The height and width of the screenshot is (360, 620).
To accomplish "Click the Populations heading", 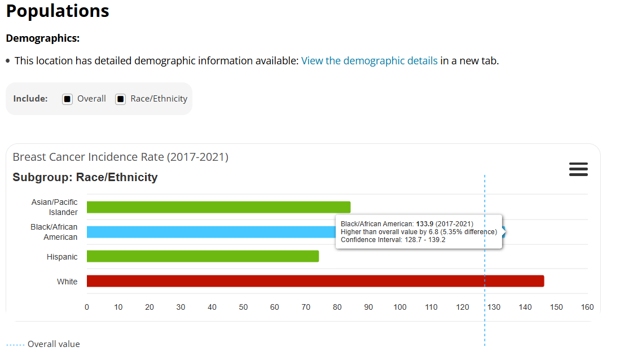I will [x=58, y=11].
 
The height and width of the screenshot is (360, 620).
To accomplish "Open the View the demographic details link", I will [x=369, y=60].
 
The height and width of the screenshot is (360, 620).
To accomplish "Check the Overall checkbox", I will [x=68, y=99].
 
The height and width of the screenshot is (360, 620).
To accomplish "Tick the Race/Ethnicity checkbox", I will [x=121, y=99].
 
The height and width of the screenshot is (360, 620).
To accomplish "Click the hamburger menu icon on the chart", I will [x=578, y=169].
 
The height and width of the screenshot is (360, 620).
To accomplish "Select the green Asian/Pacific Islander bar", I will [x=218, y=207].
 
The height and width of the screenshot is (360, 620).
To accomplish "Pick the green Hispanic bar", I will [x=203, y=256].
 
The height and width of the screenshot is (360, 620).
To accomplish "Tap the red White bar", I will [x=315, y=281].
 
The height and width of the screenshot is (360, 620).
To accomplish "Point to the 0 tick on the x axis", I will [x=87, y=308].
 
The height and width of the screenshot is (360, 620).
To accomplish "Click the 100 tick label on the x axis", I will [x=400, y=308].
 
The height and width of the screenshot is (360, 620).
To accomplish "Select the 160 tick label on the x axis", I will [x=587, y=308].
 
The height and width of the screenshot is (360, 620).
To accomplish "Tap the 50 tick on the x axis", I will [x=243, y=308].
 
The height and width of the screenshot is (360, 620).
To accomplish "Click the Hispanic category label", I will [x=62, y=257].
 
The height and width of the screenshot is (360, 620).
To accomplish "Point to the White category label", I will [x=67, y=282].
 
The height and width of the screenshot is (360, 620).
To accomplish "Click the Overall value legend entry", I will [x=53, y=344].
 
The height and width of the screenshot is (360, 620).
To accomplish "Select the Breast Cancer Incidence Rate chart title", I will [x=120, y=157].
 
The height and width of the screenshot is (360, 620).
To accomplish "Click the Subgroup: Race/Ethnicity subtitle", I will [x=85, y=177].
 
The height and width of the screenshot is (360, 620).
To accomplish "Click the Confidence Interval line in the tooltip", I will [x=393, y=240].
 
